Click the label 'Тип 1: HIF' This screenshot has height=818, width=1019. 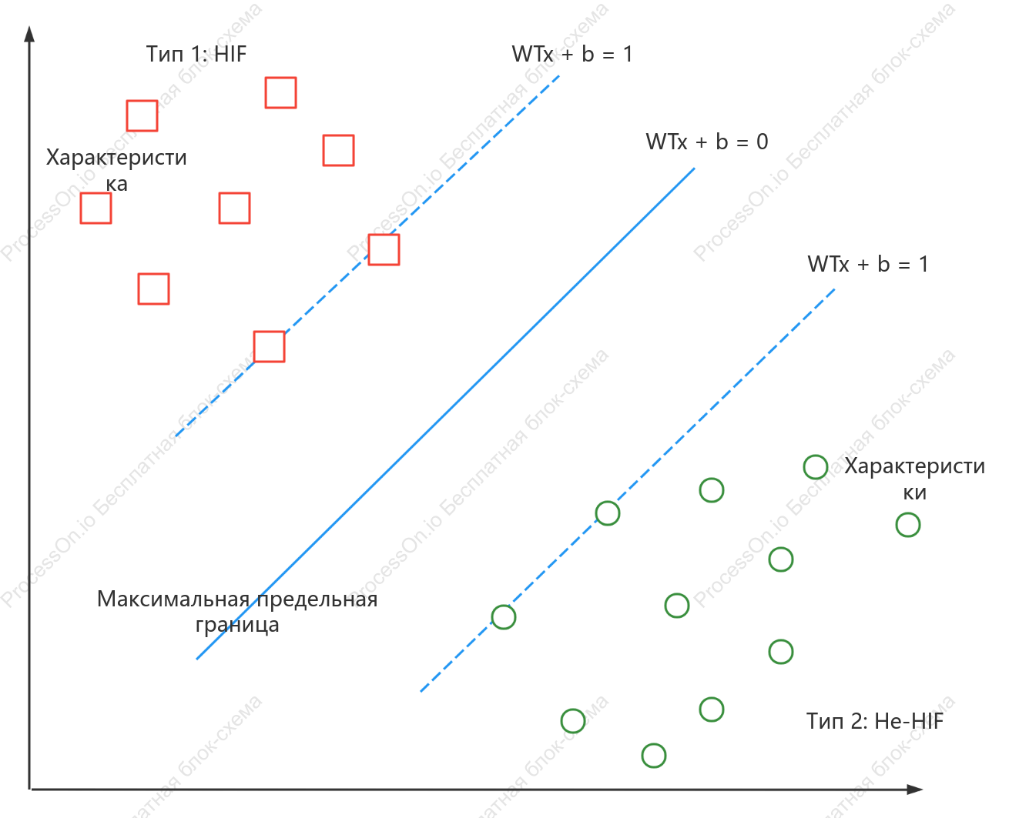(x=196, y=54)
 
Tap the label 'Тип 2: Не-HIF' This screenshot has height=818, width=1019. (x=874, y=721)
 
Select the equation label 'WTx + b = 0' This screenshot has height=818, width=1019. (x=707, y=142)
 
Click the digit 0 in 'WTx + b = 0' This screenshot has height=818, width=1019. (x=763, y=142)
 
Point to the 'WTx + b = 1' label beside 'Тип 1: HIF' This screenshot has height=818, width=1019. (x=572, y=54)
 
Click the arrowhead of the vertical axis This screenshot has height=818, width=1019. (x=29, y=33)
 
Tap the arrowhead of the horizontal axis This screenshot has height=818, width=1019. (x=915, y=789)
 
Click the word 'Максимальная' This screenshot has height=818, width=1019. (x=173, y=599)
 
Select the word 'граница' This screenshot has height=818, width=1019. (x=237, y=625)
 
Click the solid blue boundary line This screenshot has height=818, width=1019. (x=446, y=413)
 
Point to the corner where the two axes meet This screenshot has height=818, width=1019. (x=30, y=789)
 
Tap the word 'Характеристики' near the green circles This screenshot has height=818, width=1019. (x=914, y=479)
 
